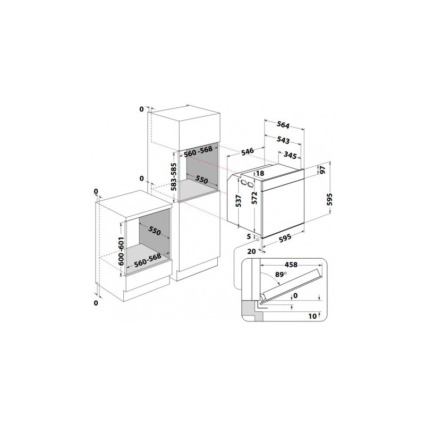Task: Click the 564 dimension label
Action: pos(283,125)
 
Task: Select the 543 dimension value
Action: pos(283,140)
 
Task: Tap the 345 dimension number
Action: pos(290,155)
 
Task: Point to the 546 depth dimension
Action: pos(248,151)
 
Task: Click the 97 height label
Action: pos(322,170)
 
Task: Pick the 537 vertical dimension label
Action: pos(238,201)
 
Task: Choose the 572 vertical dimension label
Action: pos(254,198)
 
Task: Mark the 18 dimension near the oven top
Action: pos(260,173)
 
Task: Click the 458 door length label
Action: pos(291,265)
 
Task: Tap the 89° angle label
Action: pos(281,274)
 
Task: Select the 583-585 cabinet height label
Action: pos(174,177)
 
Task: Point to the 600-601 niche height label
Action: pos(121,251)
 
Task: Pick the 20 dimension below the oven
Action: pos(251,251)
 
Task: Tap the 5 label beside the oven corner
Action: pos(249,236)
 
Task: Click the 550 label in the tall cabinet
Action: pos(201,179)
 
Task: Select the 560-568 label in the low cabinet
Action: pos(148,260)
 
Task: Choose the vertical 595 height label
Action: pos(329,199)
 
